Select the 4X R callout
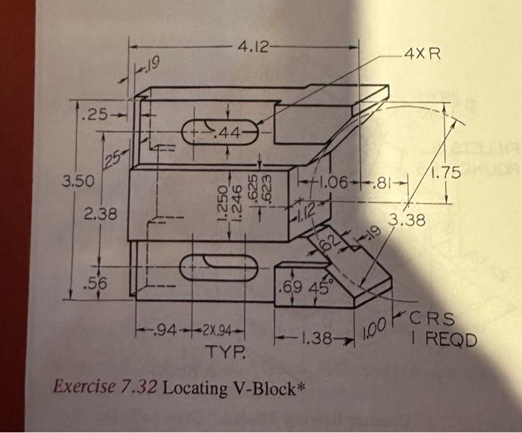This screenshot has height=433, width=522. [x=421, y=54]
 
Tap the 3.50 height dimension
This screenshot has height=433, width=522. [x=73, y=180]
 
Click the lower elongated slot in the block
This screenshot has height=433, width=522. [x=221, y=265]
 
